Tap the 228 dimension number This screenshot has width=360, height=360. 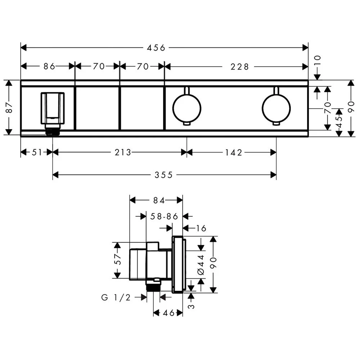pos(239,66)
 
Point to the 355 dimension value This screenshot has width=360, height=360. pos(164,175)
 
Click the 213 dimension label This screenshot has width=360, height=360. pos(123,153)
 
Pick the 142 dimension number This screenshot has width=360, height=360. pos(234,153)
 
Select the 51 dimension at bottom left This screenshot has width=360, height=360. pos(37,153)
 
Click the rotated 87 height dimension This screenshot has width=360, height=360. pos(9,107)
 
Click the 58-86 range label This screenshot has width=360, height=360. pos(165,216)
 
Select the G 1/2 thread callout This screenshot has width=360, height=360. pos(116,297)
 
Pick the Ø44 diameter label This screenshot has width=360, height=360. pos(201,265)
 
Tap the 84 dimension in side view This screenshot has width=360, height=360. pos(156,200)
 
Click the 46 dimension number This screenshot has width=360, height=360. pos(168,313)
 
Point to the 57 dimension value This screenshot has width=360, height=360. pos(117,260)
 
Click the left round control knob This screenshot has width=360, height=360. pos(187,108)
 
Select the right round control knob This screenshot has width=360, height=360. pos(276,108)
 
